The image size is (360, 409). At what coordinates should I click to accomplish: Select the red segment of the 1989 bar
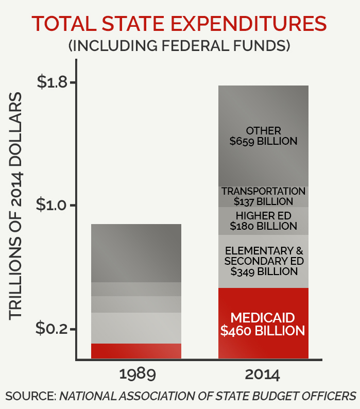[x=136, y=351]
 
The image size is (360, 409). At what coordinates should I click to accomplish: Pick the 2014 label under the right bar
[x=263, y=373]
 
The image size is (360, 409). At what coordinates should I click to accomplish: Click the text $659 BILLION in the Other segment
[x=263, y=141]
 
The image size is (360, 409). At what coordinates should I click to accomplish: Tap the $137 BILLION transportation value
[x=263, y=201]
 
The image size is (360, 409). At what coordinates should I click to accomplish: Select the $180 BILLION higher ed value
[x=263, y=226]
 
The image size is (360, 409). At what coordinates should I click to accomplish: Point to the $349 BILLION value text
[x=264, y=271]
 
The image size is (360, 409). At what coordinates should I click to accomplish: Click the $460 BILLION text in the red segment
[x=263, y=331]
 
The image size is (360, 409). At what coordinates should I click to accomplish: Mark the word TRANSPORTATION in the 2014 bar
[x=263, y=191]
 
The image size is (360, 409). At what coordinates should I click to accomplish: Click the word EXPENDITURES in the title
[x=245, y=24]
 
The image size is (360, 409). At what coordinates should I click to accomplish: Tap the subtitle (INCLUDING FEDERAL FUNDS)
[x=179, y=45]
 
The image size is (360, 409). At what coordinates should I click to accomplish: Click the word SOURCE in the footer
[x=29, y=396]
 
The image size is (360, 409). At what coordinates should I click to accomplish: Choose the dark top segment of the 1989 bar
[x=136, y=253]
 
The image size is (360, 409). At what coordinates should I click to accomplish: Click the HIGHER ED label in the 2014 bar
[x=263, y=215]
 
